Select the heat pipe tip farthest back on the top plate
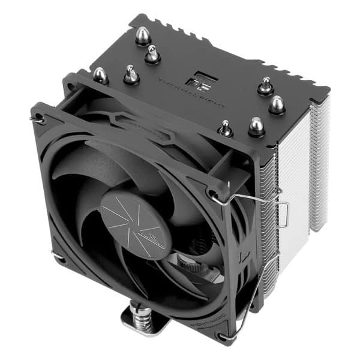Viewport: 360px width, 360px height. pos(143,35)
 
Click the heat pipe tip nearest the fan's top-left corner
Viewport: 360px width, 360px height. pos(100,75)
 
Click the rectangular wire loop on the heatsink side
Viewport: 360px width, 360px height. pos(283,213)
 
